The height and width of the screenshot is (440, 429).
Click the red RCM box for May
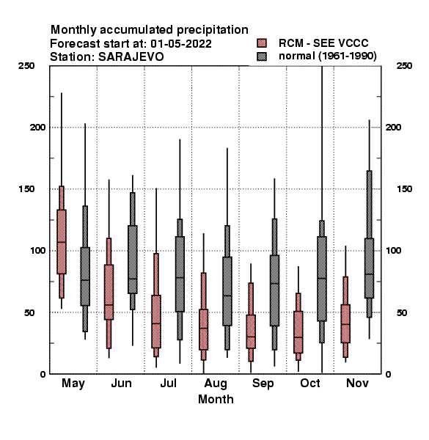click(x=62, y=241)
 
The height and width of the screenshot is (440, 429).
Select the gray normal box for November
click(x=369, y=268)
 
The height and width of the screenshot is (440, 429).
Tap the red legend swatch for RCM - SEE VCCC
click(x=262, y=43)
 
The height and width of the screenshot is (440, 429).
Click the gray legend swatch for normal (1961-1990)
click(x=262, y=56)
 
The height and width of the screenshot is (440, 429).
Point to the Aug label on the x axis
click(x=216, y=384)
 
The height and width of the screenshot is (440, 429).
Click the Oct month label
click(x=310, y=383)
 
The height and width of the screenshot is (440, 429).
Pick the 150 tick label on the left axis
click(x=26, y=189)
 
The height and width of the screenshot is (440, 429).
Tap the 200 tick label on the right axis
click(x=393, y=127)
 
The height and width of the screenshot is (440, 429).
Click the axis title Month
click(x=216, y=399)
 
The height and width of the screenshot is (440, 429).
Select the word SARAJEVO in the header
click(x=131, y=57)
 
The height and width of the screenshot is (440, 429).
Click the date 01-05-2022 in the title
click(x=181, y=44)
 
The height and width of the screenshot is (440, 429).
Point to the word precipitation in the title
click(x=213, y=30)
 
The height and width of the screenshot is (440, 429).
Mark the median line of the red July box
click(x=156, y=323)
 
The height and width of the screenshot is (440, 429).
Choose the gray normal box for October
click(x=322, y=279)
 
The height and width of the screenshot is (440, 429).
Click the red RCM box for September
click(x=251, y=331)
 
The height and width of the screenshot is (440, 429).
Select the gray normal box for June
click(x=133, y=260)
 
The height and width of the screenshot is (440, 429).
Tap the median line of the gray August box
click(x=227, y=296)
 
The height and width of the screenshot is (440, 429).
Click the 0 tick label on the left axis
click(x=43, y=374)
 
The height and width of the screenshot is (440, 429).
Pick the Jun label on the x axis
click(x=121, y=383)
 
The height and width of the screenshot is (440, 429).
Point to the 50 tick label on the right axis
click(x=402, y=312)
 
